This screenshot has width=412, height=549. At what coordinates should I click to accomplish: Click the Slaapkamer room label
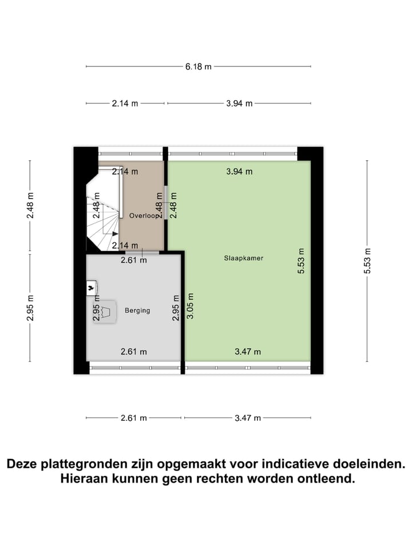pyautogui.click(x=239, y=258)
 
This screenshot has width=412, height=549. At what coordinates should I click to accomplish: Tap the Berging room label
pyautogui.click(x=137, y=311)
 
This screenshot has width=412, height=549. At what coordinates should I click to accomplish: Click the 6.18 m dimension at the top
pyautogui.click(x=198, y=66)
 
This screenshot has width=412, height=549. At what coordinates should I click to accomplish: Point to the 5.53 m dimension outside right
pyautogui.click(x=367, y=261)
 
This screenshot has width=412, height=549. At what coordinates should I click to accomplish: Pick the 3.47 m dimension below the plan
pyautogui.click(x=247, y=418)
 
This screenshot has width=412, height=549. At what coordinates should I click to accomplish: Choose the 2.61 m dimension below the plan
pyautogui.click(x=134, y=418)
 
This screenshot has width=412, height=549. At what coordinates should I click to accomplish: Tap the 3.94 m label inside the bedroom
pyautogui.click(x=239, y=171)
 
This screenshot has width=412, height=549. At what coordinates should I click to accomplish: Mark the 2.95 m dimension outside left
pyautogui.click(x=30, y=307)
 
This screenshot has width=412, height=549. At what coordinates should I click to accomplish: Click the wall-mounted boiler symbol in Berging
pyautogui.click(x=92, y=288)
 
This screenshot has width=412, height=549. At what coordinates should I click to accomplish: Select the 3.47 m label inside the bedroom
pyautogui.click(x=247, y=352)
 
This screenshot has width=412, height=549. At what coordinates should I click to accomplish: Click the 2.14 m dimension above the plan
pyautogui.click(x=125, y=104)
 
